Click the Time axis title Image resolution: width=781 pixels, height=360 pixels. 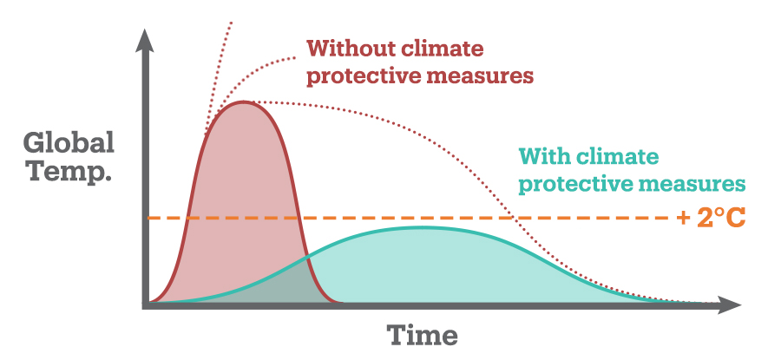422,335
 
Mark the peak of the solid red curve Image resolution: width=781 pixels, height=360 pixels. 244,101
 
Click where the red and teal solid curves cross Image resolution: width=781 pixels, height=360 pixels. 305,258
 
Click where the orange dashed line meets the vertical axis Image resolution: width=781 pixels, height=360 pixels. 147,218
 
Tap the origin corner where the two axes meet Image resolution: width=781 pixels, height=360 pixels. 147,304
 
